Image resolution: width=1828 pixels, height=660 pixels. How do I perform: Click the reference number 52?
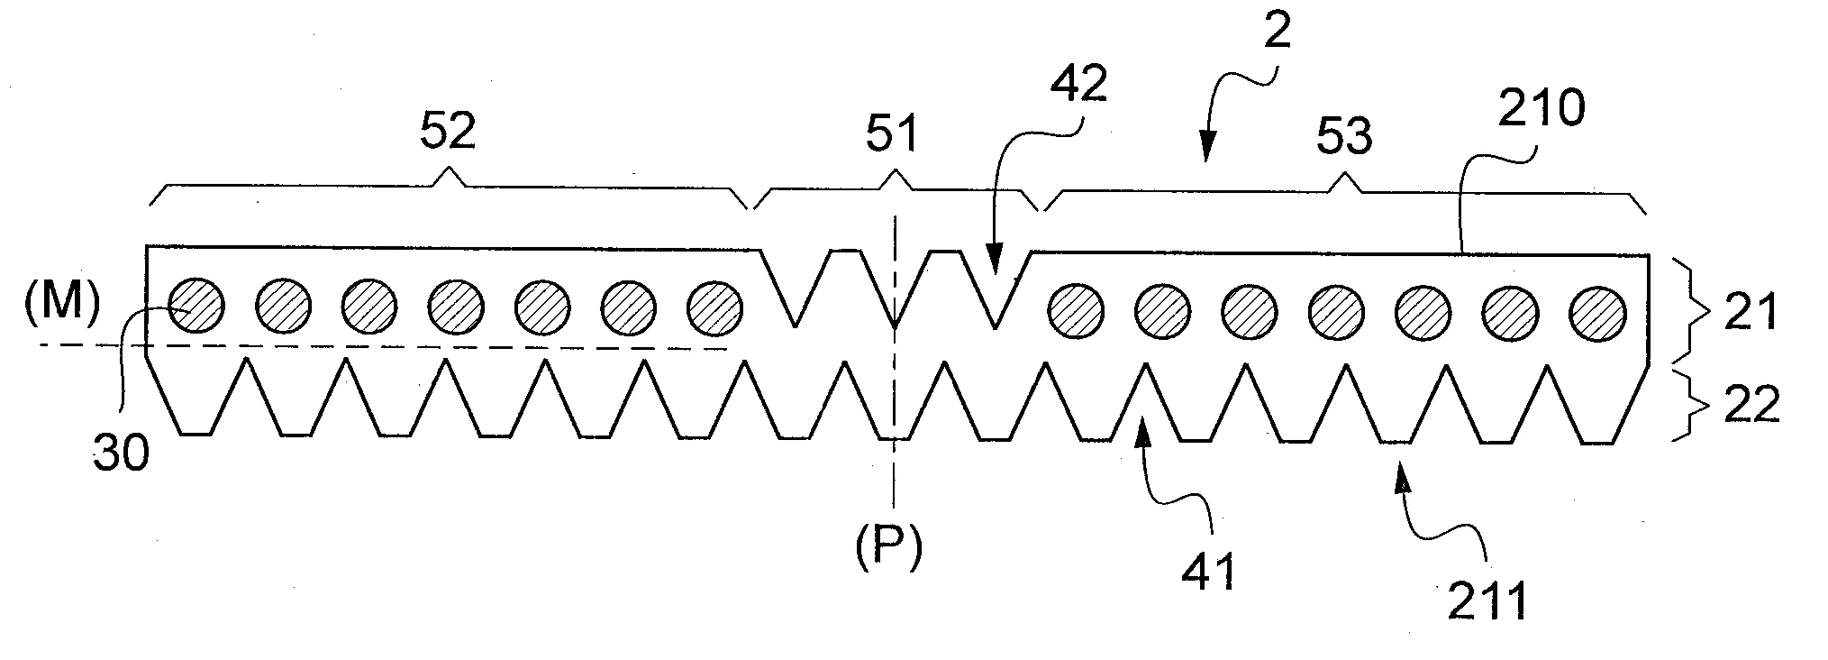click(448, 131)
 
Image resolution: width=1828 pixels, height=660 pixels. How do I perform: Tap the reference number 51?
click(891, 134)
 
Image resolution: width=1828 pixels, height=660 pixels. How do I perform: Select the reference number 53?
click(1343, 136)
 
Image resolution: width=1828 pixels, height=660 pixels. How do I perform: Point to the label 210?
click(1540, 108)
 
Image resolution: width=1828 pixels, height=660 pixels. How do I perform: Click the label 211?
click(1487, 601)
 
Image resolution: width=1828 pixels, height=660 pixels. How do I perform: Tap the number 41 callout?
click(1208, 570)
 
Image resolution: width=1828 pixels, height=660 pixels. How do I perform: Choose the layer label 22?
click(1751, 406)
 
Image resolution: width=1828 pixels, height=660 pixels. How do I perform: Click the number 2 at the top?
click(1277, 32)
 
